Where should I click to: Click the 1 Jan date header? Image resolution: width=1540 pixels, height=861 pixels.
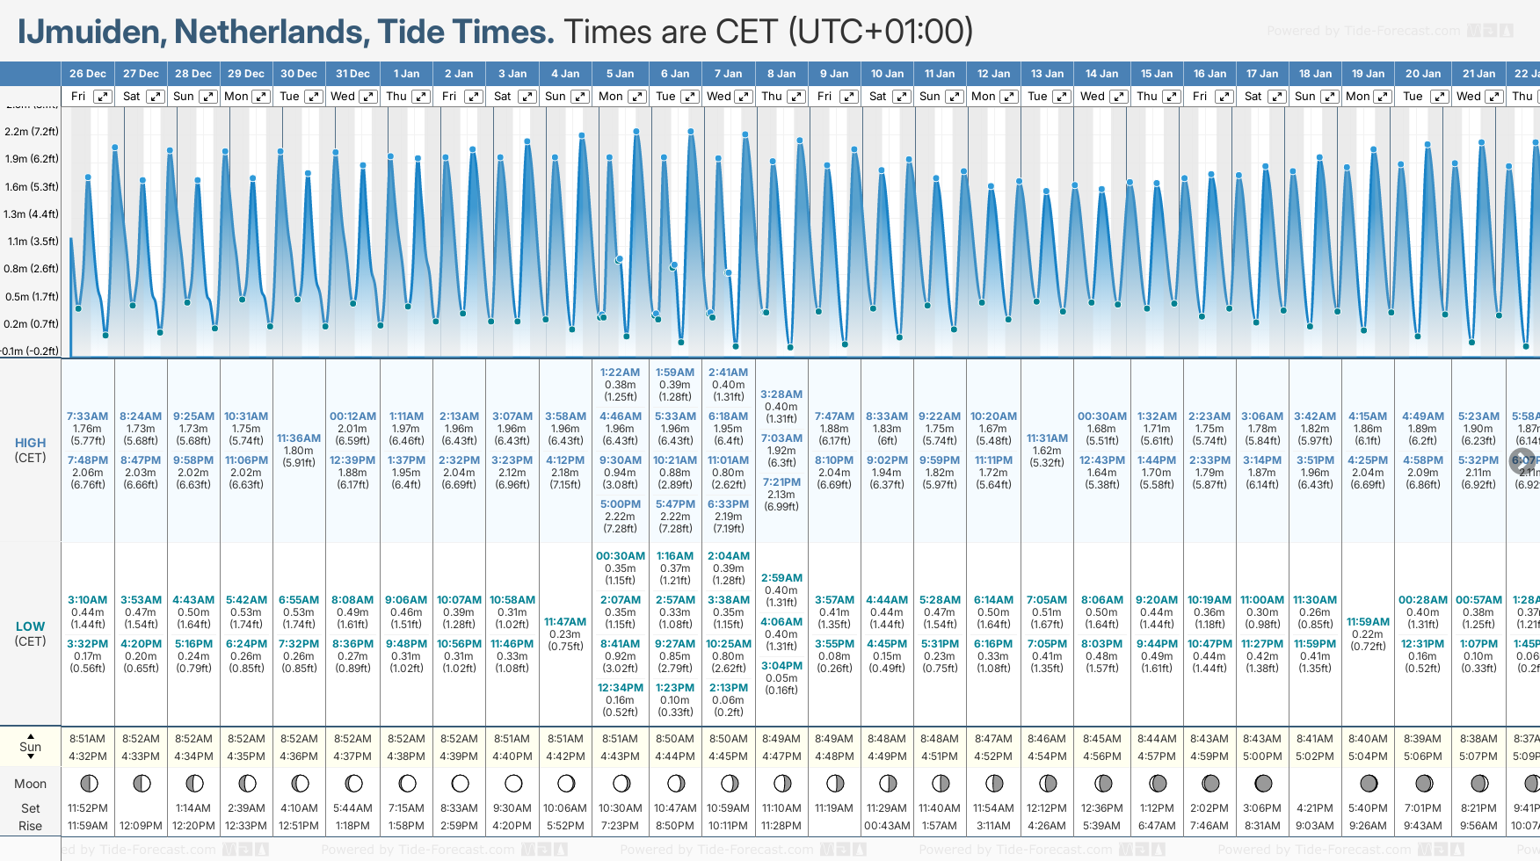pyautogui.click(x=406, y=74)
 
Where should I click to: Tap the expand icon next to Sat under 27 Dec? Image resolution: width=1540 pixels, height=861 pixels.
pyautogui.click(x=155, y=97)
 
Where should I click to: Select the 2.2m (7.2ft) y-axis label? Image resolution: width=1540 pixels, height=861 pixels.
pyautogui.click(x=32, y=132)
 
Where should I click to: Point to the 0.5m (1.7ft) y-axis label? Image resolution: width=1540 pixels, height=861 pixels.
pyautogui.click(x=32, y=297)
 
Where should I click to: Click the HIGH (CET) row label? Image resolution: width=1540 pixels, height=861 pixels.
pyautogui.click(x=30, y=450)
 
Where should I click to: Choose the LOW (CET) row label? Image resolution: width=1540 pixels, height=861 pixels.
pyautogui.click(x=30, y=633)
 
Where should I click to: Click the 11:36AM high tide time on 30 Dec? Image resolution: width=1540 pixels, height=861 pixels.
pyautogui.click(x=299, y=438)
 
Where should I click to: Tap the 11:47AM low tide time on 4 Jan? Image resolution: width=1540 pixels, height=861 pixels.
pyautogui.click(x=565, y=622)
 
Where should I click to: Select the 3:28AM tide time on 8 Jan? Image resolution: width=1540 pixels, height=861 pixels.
pyautogui.click(x=781, y=394)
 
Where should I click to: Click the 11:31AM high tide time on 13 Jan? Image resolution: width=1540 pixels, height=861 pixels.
pyautogui.click(x=1047, y=438)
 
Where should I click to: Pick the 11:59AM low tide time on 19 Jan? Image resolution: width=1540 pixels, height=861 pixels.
pyautogui.click(x=1368, y=622)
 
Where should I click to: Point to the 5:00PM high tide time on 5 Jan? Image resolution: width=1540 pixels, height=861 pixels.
pyautogui.click(x=621, y=504)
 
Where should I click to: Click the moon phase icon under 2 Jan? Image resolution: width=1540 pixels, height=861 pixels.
pyautogui.click(x=460, y=783)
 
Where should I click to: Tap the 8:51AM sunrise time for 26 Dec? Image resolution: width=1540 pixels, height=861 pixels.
pyautogui.click(x=88, y=739)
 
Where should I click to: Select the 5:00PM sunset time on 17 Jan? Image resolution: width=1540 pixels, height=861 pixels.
pyautogui.click(x=1262, y=756)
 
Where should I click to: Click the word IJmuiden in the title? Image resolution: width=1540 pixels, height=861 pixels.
pyautogui.click(x=90, y=32)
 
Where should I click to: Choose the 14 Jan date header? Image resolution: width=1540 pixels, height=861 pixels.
pyautogui.click(x=1101, y=74)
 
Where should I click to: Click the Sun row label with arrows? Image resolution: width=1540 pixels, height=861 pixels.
pyautogui.click(x=30, y=747)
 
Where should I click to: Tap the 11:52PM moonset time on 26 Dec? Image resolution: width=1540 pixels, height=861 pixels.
pyautogui.click(x=88, y=808)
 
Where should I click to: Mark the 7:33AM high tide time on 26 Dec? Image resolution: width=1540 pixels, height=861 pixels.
pyautogui.click(x=88, y=416)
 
